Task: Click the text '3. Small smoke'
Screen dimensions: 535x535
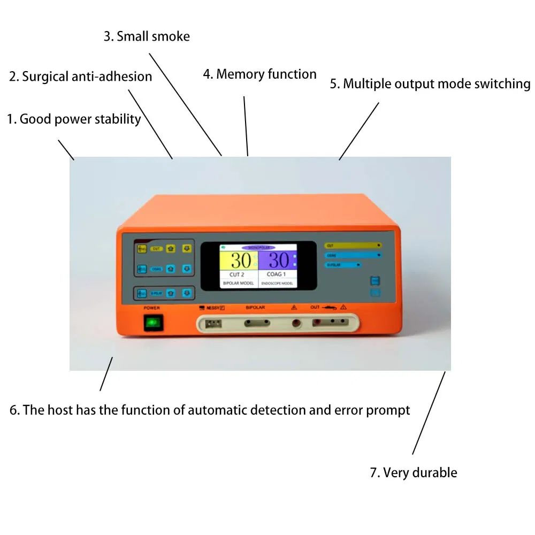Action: coord(147,36)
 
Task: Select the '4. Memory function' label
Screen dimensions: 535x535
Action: coord(259,74)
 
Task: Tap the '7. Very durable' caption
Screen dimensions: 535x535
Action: coord(413,472)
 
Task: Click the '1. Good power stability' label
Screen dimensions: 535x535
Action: coord(73,119)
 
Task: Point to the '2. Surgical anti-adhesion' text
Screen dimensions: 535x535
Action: coord(81,77)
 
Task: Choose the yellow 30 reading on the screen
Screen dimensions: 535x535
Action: coord(241,261)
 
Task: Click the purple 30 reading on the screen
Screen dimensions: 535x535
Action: coord(278,261)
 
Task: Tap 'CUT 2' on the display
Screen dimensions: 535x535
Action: coord(240,274)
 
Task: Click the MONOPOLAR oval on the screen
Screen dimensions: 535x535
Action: coord(259,248)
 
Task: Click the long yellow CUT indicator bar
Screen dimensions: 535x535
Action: coord(353,245)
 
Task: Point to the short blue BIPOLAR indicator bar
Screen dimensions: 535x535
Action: coord(342,265)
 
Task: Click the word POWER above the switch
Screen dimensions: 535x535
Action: coord(152,308)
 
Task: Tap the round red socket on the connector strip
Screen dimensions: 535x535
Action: coord(295,323)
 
